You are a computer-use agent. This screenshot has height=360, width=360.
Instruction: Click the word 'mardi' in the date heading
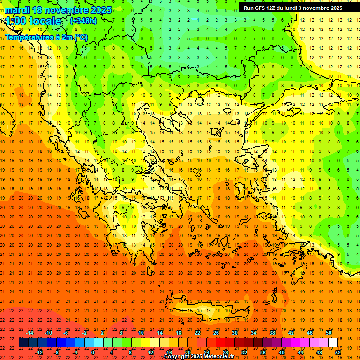pyautogui.click(x=16, y=10)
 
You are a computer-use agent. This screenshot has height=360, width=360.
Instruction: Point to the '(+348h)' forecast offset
pyautogui.click(x=83, y=21)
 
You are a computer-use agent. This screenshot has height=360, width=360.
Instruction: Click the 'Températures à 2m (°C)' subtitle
pyautogui.click(x=46, y=37)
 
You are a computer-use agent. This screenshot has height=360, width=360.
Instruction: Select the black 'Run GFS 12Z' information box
pyautogui.click(x=297, y=8)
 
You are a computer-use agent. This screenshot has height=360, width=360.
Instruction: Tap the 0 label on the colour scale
pyautogui.click(x=93, y=352)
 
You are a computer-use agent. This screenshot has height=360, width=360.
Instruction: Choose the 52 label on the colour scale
pyautogui.click(x=338, y=352)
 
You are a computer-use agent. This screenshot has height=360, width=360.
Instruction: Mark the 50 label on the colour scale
pyautogui.click(x=329, y=333)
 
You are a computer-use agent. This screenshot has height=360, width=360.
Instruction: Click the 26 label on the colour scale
pyautogui.click(x=216, y=333)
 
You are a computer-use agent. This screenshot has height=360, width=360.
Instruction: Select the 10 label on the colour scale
pyautogui.click(x=141, y=333)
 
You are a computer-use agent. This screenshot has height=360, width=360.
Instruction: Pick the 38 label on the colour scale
pyautogui.click(x=272, y=333)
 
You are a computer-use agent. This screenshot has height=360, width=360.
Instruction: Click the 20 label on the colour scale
pyautogui.click(x=187, y=352)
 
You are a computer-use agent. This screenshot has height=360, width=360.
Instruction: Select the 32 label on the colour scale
pyautogui.click(x=244, y=352)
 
